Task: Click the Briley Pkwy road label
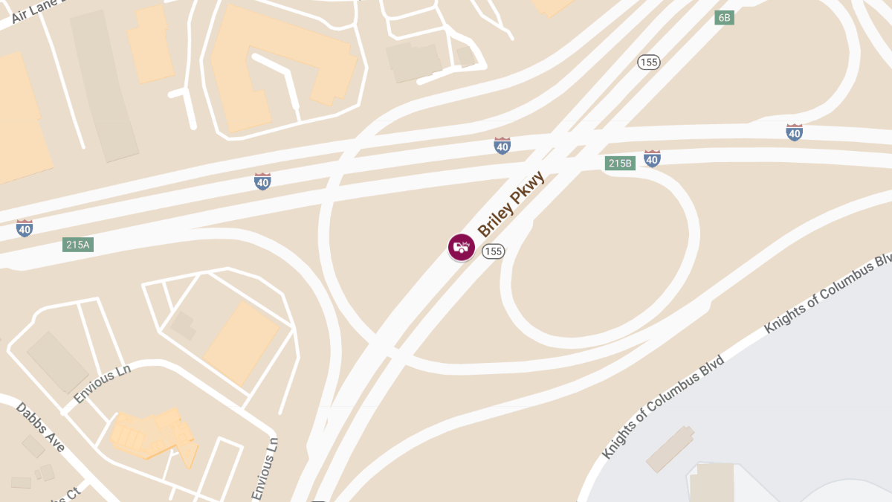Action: click(x=511, y=205)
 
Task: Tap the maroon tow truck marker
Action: click(x=462, y=247)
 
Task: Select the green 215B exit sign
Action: click(x=619, y=163)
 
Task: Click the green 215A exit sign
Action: click(x=77, y=244)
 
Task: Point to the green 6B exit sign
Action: click(x=724, y=17)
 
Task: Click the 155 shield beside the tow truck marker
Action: click(x=493, y=251)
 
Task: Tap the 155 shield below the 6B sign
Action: click(x=649, y=62)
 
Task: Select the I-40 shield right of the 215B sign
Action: click(x=652, y=158)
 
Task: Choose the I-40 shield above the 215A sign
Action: click(x=25, y=228)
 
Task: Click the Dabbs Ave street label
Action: click(x=41, y=427)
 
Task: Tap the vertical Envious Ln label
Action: click(x=265, y=469)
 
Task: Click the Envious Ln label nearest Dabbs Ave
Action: click(x=103, y=385)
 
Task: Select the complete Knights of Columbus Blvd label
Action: click(x=663, y=406)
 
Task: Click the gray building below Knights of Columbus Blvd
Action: click(x=670, y=449)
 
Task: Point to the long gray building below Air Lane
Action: click(x=104, y=86)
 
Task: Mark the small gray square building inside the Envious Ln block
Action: click(x=182, y=325)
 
